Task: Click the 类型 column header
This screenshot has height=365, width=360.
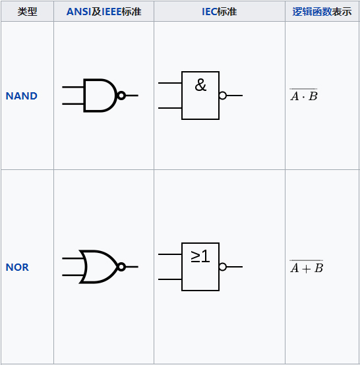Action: pos(27,12)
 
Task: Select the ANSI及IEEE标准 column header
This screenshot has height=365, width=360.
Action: pos(104,12)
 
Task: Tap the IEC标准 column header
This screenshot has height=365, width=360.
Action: pos(220,12)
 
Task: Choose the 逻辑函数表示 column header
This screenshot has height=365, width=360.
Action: pos(322,12)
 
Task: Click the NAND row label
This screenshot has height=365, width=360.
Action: pos(22,96)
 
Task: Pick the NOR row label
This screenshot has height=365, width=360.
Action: pos(17,267)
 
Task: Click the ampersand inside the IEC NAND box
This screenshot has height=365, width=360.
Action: pos(200,85)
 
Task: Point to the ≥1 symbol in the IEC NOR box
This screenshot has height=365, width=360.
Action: pos(200,256)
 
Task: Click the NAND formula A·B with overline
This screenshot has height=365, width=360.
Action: pos(303,95)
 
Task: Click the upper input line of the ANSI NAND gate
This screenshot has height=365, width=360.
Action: pos(73,87)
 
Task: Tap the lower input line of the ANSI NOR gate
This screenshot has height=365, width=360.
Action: pos(73,275)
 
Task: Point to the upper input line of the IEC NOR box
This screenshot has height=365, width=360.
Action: pos(170,254)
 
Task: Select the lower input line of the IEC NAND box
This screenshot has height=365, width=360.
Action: pos(170,108)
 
